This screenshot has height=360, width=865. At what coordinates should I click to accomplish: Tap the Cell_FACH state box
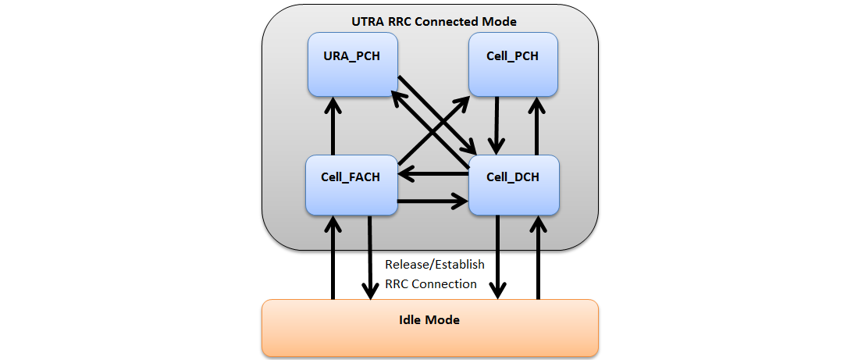(351, 184)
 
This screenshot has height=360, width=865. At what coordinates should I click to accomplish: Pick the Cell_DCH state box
(513, 184)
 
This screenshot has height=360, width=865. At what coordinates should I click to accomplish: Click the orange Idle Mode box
(429, 327)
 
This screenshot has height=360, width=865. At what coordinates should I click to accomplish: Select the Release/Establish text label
(434, 265)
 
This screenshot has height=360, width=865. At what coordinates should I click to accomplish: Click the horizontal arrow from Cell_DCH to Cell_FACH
(433, 175)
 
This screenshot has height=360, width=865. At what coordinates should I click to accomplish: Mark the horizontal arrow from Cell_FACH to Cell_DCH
(433, 202)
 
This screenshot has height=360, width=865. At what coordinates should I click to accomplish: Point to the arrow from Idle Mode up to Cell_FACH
(333, 258)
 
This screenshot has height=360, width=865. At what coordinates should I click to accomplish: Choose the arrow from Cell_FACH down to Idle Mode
(370, 258)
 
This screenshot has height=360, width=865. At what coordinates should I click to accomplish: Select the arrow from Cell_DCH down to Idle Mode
(498, 258)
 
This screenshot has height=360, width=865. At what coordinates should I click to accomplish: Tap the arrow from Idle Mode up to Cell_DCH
(538, 258)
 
